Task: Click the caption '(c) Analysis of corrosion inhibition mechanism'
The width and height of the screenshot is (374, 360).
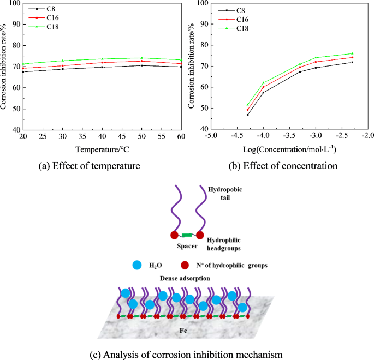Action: [x=186, y=354]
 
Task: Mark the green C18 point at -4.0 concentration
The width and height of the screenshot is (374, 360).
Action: [x=263, y=83]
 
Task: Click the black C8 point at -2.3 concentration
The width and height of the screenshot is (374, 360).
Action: [x=352, y=62]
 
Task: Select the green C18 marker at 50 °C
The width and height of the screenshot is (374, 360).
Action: [x=142, y=58]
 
